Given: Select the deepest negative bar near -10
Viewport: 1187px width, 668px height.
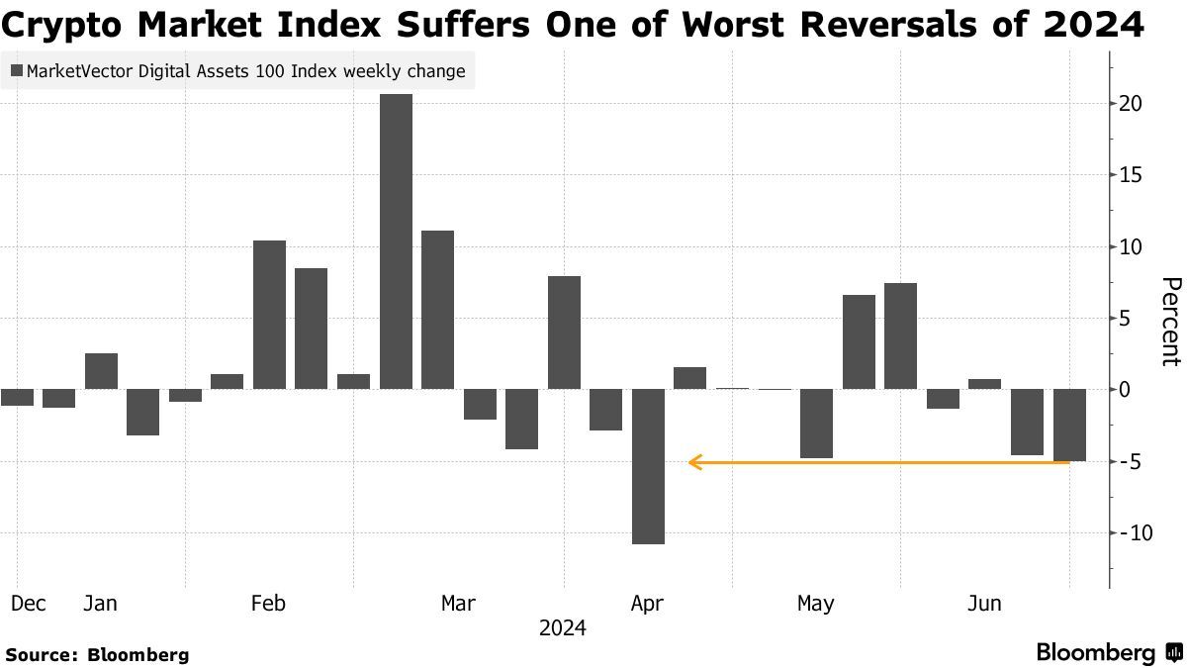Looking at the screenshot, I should (x=648, y=466).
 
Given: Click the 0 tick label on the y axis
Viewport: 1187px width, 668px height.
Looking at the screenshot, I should (x=1125, y=390).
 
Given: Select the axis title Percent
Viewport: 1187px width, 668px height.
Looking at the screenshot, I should (x=1169, y=322).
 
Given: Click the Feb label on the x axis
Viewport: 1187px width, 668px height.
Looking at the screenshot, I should (x=269, y=603).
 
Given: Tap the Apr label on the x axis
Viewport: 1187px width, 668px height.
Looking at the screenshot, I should (x=647, y=603).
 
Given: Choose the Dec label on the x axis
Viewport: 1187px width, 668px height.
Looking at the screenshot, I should (x=29, y=603).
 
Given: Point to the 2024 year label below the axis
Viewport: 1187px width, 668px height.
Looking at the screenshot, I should (x=562, y=628).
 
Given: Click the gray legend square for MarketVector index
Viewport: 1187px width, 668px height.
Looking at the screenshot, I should (x=17, y=71).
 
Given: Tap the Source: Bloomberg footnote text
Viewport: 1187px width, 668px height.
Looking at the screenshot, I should (x=97, y=654).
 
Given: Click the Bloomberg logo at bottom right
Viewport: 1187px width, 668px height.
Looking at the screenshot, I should (x=1108, y=652).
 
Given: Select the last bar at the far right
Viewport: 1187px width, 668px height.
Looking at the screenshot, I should (x=1069, y=425).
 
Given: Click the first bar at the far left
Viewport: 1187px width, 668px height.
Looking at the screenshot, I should (x=17, y=397).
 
